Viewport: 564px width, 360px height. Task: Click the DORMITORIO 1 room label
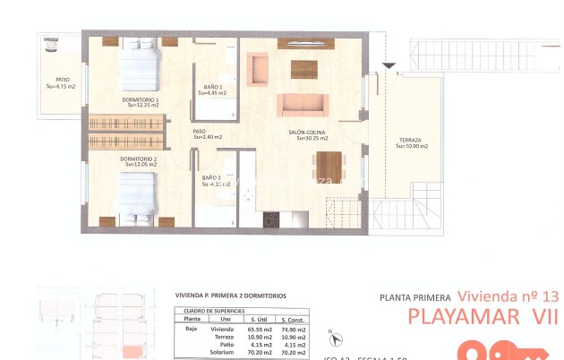[x=141, y=99]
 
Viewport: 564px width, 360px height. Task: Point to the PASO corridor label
[x=200, y=133]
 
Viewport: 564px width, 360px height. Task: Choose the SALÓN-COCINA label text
[x=308, y=133]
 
